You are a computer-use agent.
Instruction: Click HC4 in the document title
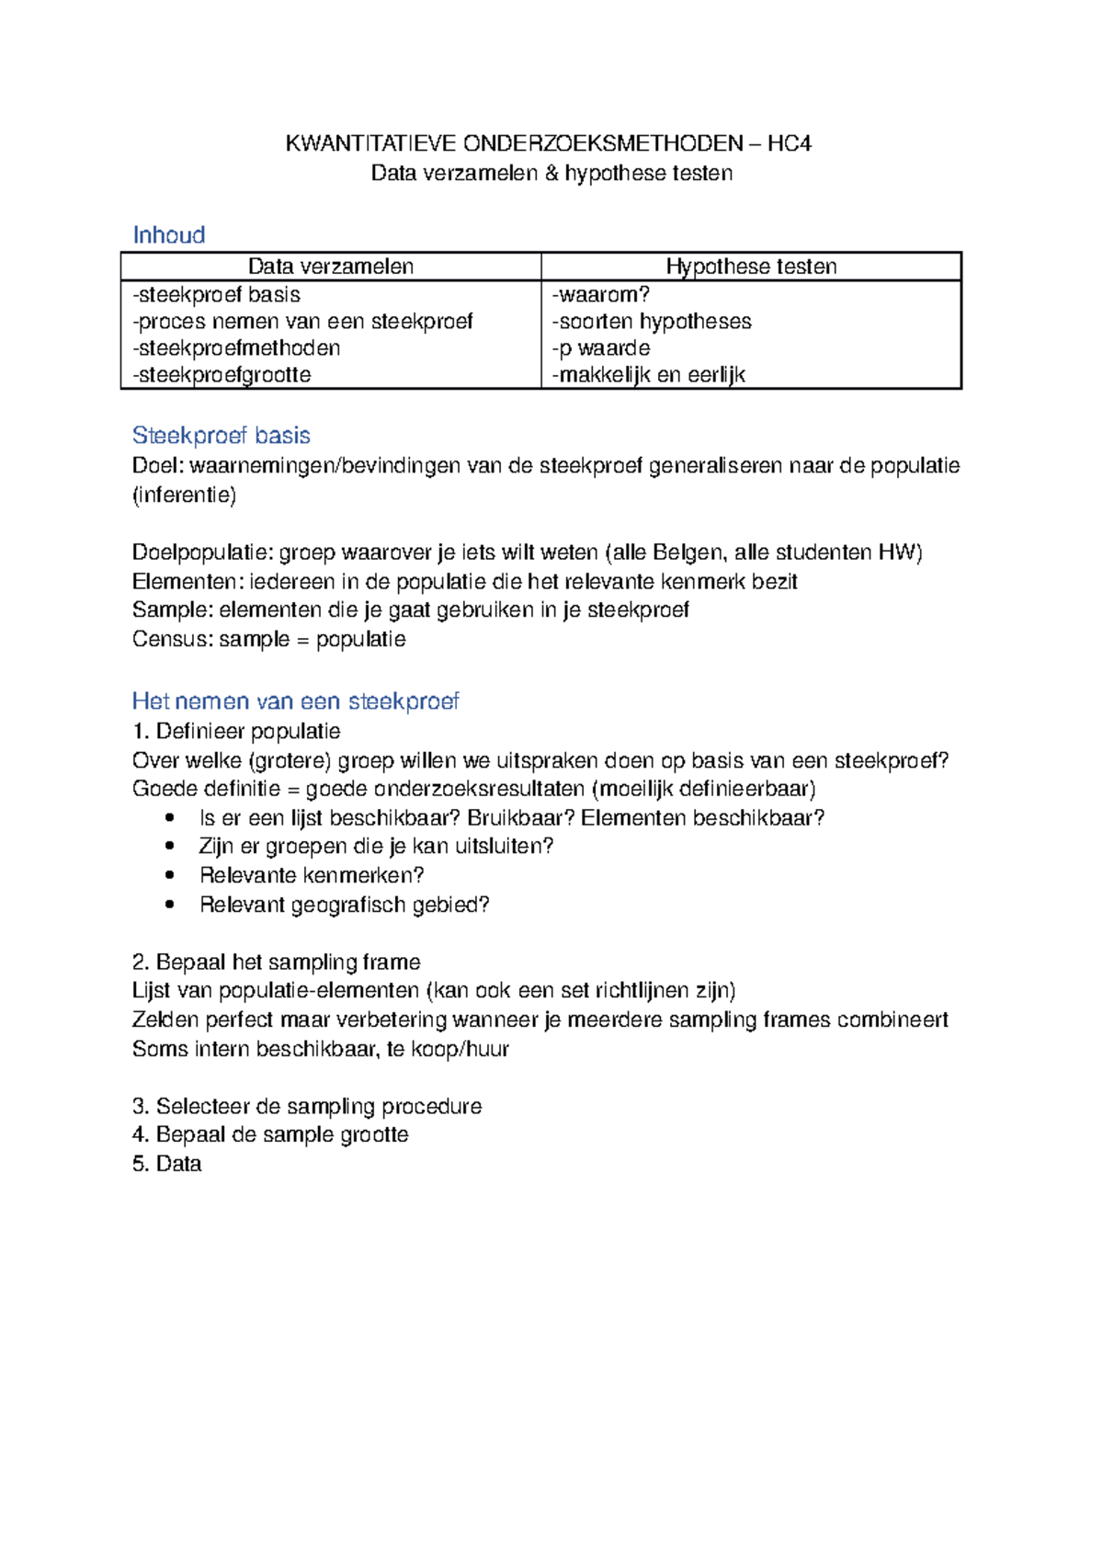[x=790, y=143]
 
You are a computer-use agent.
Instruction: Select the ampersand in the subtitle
[x=551, y=173]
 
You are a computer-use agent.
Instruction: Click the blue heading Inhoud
[x=169, y=235]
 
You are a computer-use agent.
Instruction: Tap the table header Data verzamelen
[x=331, y=267]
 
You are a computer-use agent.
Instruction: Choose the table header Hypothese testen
[x=751, y=267]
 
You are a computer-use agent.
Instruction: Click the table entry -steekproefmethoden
[x=236, y=348]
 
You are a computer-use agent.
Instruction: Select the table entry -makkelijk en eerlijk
[x=648, y=375]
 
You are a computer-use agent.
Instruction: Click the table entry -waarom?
[x=600, y=295]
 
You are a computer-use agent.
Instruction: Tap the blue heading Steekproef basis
[x=222, y=436]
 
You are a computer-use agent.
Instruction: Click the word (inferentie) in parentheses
[x=185, y=496]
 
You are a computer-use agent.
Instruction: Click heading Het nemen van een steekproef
[x=295, y=701]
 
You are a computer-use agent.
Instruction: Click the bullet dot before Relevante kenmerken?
[x=169, y=875]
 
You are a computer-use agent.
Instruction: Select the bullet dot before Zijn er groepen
[x=169, y=846]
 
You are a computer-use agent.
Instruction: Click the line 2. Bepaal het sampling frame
[x=277, y=963]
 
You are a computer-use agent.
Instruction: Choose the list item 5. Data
[x=167, y=1165]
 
